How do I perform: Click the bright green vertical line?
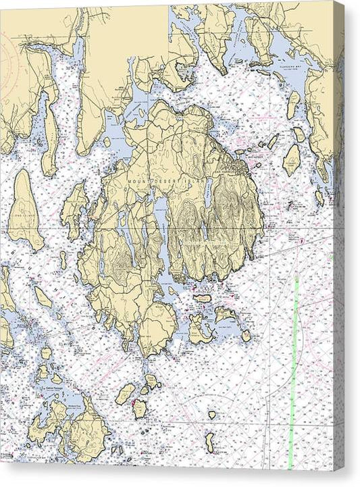tap(293, 378)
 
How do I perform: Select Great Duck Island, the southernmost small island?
tap(209, 442)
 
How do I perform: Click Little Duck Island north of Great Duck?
tap(211, 415)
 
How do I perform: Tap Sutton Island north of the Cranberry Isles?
tap(201, 298)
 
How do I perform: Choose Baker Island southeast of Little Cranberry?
tap(246, 335)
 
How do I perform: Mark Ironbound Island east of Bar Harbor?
tap(291, 159)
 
